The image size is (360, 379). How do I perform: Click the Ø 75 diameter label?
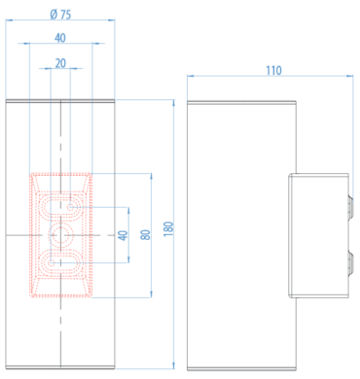click(x=60, y=15)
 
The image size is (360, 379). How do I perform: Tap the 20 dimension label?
click(x=60, y=63)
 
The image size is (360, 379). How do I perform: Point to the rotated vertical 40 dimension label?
click(x=123, y=235)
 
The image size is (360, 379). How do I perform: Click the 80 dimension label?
click(x=146, y=235)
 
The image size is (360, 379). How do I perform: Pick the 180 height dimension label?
click(x=168, y=228)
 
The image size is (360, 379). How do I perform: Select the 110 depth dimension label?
click(x=273, y=70)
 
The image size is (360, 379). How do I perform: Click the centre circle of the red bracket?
click(x=60, y=235)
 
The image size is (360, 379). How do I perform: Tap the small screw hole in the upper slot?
click(x=71, y=207)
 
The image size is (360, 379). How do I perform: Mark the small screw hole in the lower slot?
click(x=52, y=262)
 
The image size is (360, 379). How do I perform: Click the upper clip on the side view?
click(x=350, y=207)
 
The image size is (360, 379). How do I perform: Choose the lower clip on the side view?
click(x=350, y=263)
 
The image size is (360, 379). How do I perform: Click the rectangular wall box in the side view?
click(x=318, y=235)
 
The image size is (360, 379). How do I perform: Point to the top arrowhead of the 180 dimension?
click(x=174, y=103)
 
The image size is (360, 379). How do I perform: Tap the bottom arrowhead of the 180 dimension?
click(x=174, y=365)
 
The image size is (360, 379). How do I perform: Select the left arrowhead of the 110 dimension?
click(x=191, y=77)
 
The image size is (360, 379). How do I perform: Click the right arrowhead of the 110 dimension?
click(x=350, y=77)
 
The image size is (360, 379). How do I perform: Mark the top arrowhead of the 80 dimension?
click(x=151, y=176)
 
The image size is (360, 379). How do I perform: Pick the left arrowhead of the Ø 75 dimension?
click(x=9, y=20)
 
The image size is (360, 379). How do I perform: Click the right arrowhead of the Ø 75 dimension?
click(x=112, y=20)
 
